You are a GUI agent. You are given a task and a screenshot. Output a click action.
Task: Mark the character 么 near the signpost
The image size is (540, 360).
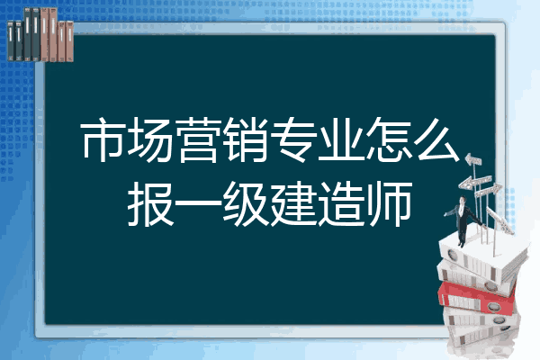pos(436,139)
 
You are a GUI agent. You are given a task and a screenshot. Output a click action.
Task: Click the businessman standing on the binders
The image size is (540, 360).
pos(463,220)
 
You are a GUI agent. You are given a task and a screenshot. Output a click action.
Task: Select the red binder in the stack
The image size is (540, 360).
pos(476,296)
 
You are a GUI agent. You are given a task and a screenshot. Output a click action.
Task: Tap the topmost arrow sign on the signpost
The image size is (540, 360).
pos(473,160)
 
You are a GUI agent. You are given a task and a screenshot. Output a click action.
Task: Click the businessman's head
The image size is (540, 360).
pos(463,200)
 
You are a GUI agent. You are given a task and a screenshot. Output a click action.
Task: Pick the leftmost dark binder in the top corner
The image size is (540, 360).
pos(11,40)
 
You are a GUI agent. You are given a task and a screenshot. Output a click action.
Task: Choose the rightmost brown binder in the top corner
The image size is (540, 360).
pos(69,41)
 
